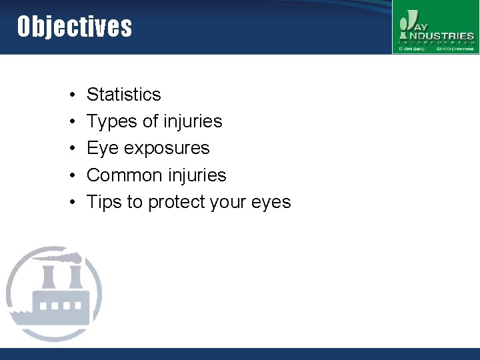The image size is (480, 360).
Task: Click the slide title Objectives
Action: coord(75,27)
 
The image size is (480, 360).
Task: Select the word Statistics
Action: coord(124,95)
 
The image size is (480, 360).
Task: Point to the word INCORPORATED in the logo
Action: coord(436,42)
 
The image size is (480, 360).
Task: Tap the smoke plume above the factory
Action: coord(63,257)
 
